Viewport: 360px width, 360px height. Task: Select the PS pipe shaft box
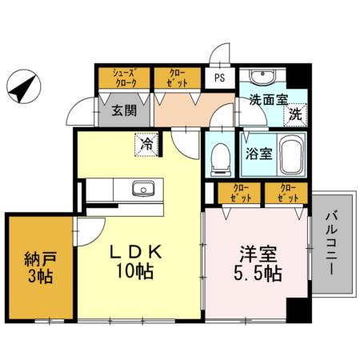tap(219, 78)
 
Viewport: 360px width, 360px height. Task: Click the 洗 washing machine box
tap(296, 114)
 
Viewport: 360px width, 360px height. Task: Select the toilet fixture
tap(219, 160)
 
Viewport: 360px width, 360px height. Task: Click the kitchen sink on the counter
tap(144, 190)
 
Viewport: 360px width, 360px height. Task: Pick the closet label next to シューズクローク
tap(177, 77)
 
